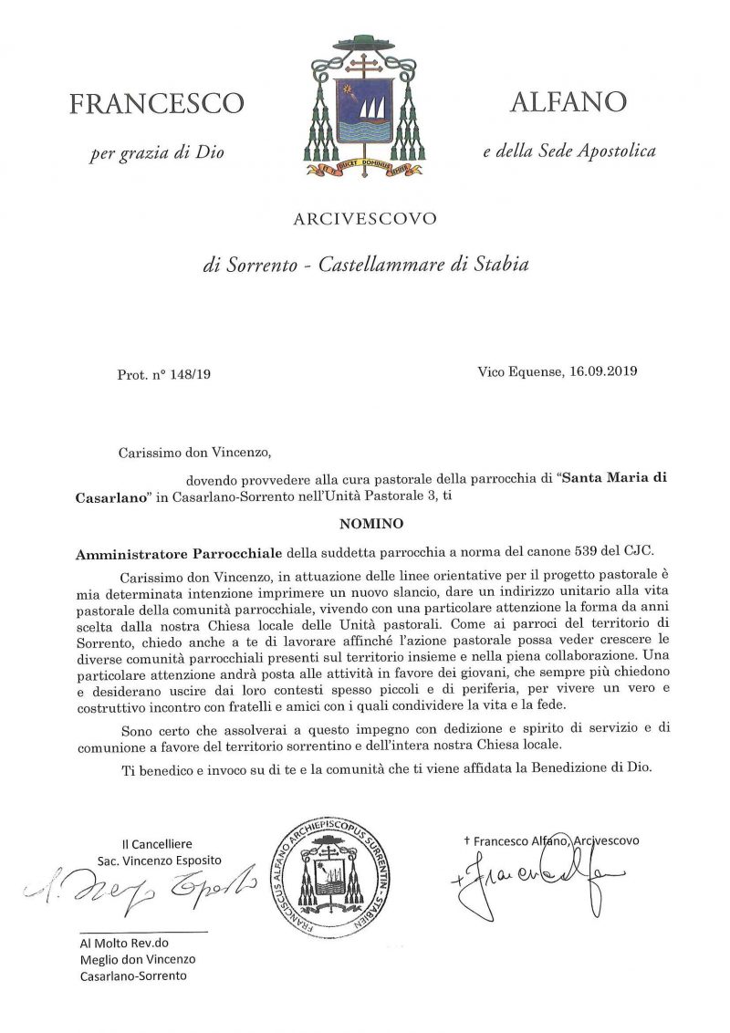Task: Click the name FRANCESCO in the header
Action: coord(156,104)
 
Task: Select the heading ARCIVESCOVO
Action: coord(365,219)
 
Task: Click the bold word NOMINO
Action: coord(365,526)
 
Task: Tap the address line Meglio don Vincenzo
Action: coord(137,959)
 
